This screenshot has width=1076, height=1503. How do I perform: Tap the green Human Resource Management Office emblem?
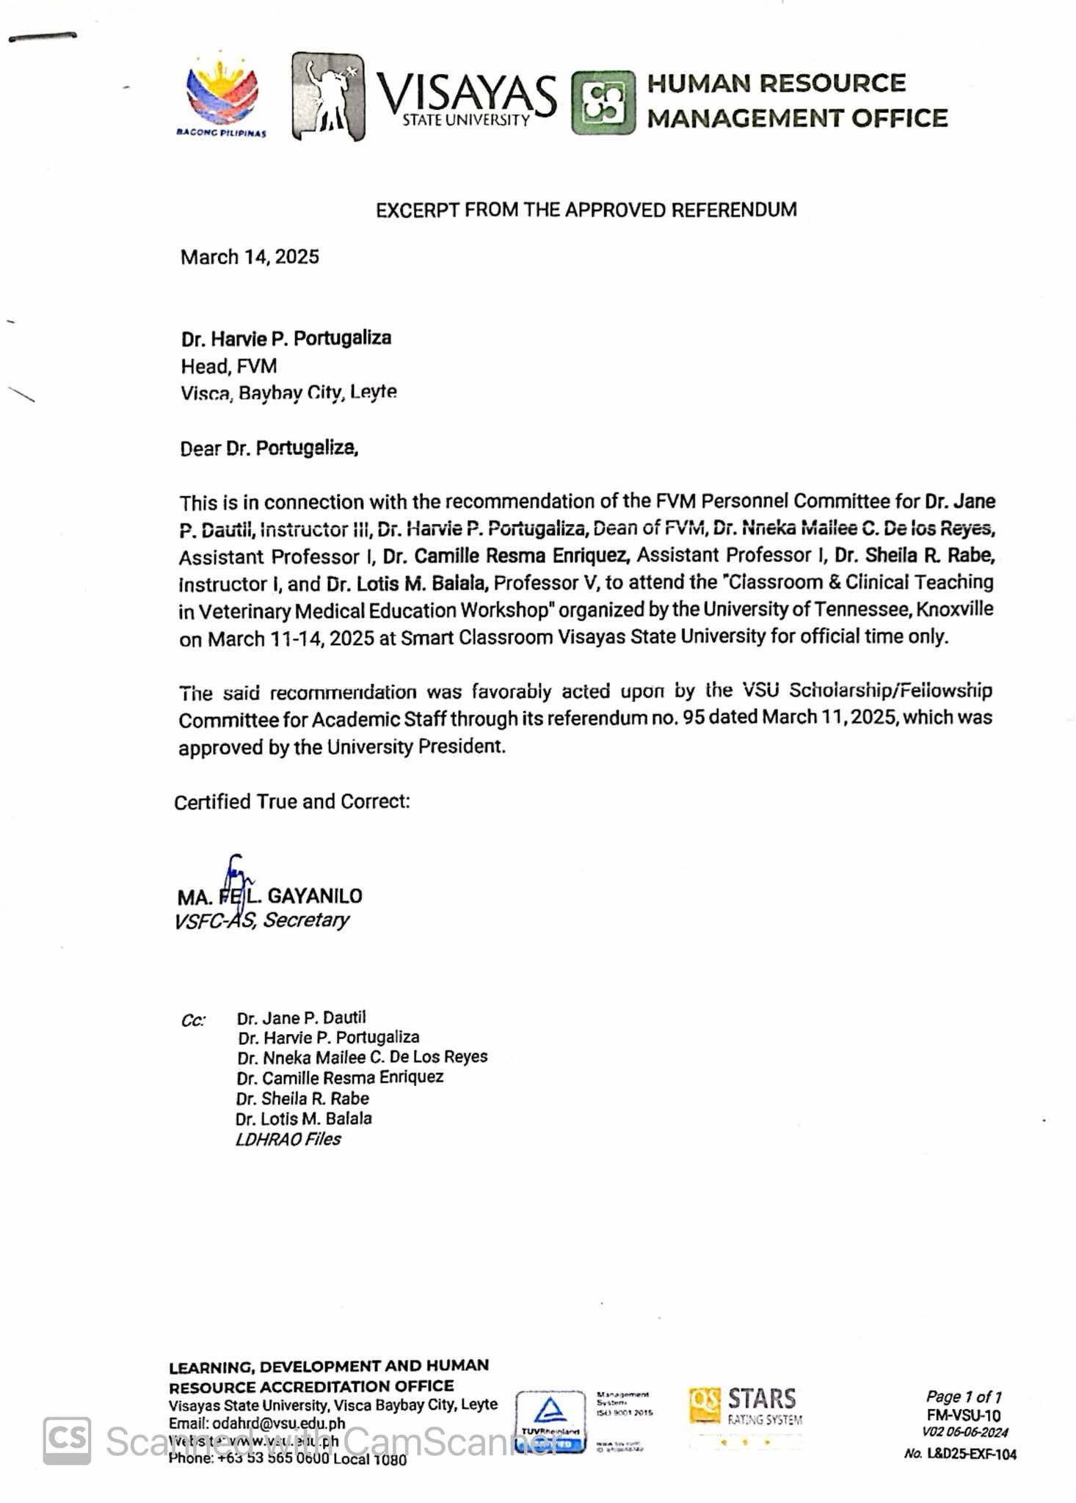click(603, 102)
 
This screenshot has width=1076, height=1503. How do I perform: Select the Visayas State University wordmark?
click(467, 100)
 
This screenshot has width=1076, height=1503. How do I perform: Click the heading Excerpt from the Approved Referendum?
click(586, 210)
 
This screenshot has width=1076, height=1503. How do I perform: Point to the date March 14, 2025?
click(250, 257)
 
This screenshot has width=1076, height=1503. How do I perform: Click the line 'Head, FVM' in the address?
click(229, 365)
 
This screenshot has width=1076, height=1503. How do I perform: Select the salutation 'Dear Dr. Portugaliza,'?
click(269, 448)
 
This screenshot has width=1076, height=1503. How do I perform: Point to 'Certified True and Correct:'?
click(291, 801)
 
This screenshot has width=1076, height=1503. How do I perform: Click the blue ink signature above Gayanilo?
click(237, 876)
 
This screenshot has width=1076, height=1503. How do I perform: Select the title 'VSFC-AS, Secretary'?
click(261, 920)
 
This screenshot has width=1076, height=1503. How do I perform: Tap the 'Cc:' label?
click(193, 1021)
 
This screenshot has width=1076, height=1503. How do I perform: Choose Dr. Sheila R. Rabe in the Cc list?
click(302, 1099)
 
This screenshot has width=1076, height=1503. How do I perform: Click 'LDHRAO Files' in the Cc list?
click(288, 1139)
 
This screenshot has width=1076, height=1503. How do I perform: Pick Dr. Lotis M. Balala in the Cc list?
click(304, 1118)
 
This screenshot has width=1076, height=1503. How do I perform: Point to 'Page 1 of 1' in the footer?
click(963, 1397)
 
